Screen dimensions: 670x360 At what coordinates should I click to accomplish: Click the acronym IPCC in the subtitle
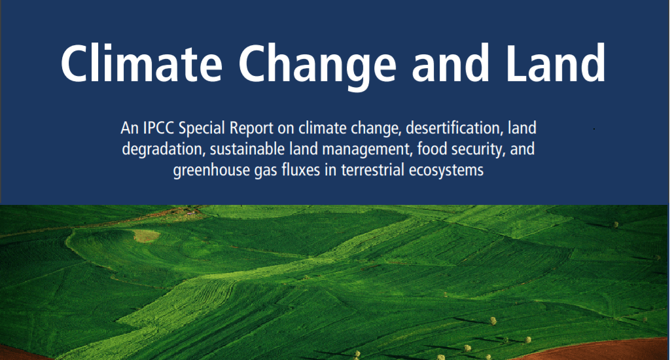click(x=158, y=128)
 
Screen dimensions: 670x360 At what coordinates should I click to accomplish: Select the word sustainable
click(x=247, y=149)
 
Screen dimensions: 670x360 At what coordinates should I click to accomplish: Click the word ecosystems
click(x=446, y=171)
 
